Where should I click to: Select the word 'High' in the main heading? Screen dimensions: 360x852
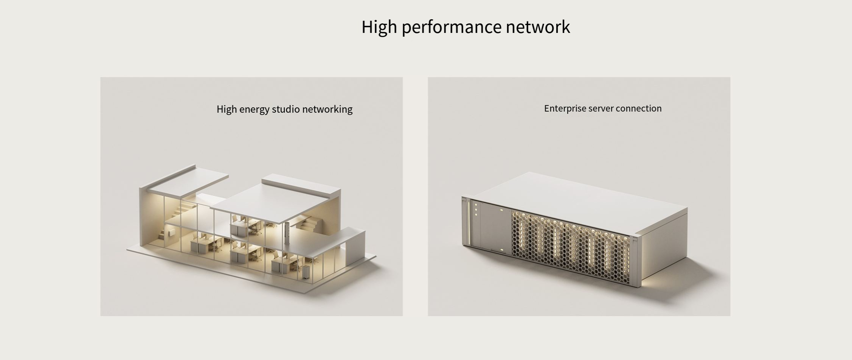coord(379,27)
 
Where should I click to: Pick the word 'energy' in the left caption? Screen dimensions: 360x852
coord(254,110)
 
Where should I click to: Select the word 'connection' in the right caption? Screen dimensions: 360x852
coord(639,109)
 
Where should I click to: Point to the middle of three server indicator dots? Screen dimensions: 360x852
coord(476,210)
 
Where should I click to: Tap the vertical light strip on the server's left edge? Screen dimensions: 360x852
coord(469,223)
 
